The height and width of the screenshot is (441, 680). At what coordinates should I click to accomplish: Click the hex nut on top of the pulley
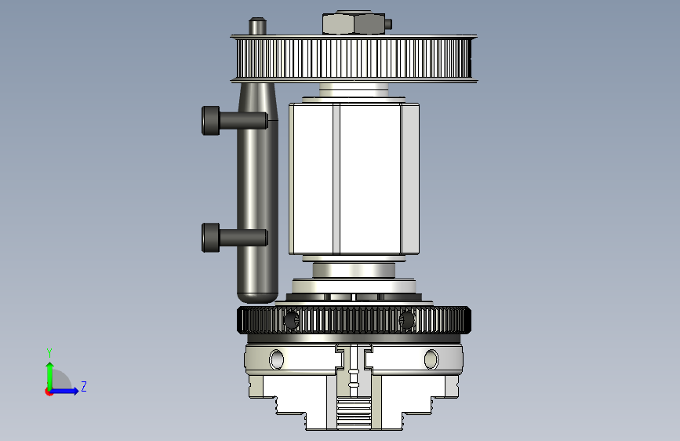(354, 24)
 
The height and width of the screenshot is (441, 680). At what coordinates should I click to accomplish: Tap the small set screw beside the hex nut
(388, 24)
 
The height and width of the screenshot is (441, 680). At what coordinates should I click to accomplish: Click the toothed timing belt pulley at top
(354, 59)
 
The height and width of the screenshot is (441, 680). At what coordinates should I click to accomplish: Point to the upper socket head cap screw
(235, 120)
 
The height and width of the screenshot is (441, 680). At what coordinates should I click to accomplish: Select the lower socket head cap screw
(235, 238)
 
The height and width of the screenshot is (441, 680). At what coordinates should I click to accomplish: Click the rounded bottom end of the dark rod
(257, 297)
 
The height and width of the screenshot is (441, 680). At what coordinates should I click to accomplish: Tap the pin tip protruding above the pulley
(257, 26)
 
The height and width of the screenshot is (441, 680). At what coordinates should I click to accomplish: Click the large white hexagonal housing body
(354, 178)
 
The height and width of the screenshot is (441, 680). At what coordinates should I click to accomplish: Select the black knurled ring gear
(354, 320)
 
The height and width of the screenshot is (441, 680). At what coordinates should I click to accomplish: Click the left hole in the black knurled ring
(291, 320)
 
